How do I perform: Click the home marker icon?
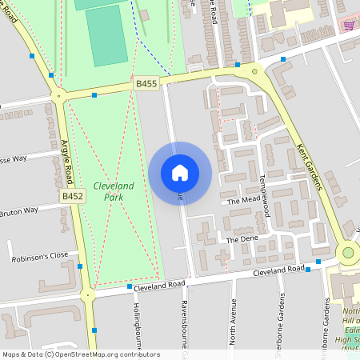pos(180,173)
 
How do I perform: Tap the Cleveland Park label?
pos(114,190)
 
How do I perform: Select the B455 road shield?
pos(146,82)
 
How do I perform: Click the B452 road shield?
pos(72,195)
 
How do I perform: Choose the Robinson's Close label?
pos(40,258)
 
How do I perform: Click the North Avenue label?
pos(233,320)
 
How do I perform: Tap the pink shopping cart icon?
pos(349,25)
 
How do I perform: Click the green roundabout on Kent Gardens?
pos(347,253)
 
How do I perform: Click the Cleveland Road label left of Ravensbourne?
pos(160,284)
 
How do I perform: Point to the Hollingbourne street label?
pos(137,324)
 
